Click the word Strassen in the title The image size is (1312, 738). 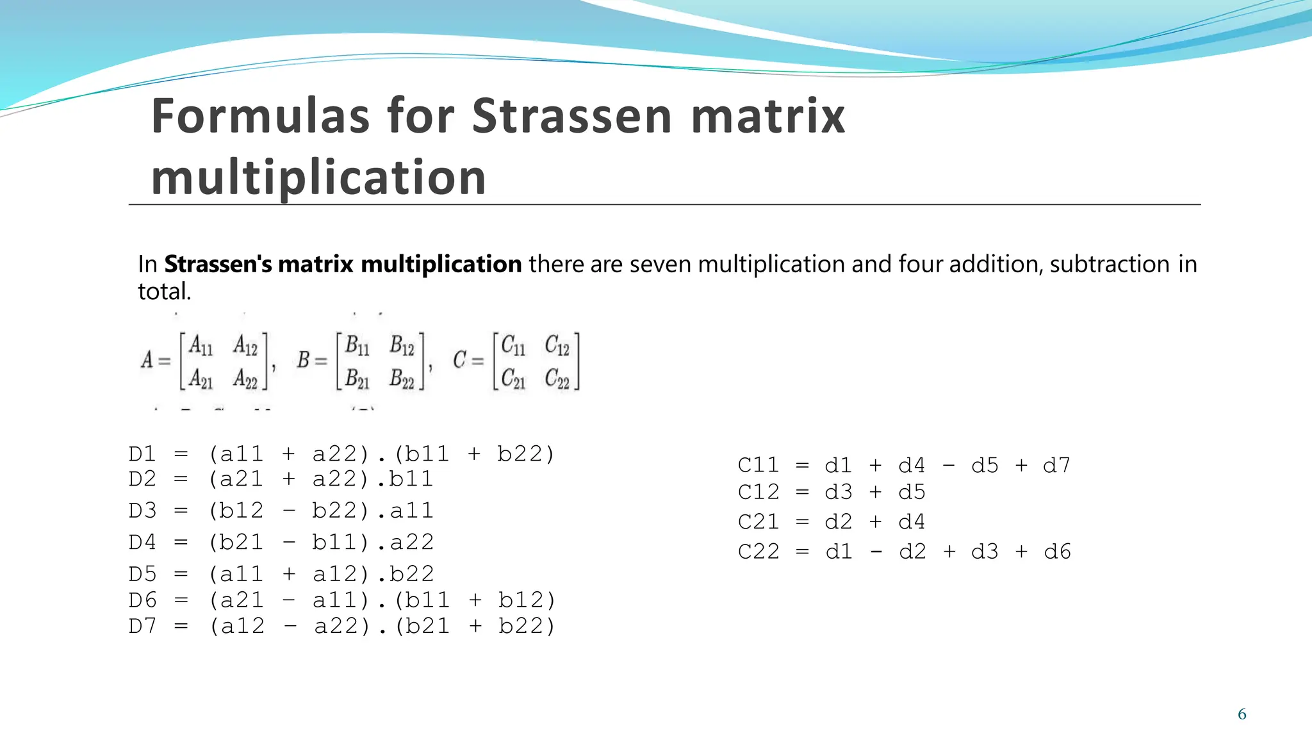pyautogui.click(x=572, y=117)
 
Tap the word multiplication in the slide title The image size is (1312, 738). pyautogui.click(x=318, y=177)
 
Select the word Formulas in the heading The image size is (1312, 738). pyautogui.click(x=260, y=117)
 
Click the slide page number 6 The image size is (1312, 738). pyautogui.click(x=1242, y=714)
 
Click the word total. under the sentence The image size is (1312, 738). pyautogui.click(x=164, y=292)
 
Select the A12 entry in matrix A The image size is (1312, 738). pyautogui.click(x=245, y=346)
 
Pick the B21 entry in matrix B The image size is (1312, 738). pyautogui.click(x=357, y=379)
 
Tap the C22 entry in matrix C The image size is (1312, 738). pyautogui.click(x=557, y=379)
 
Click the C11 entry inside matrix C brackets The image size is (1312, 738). pyautogui.click(x=512, y=346)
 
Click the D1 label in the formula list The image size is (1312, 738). pyautogui.click(x=142, y=454)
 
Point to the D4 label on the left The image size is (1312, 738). pyautogui.click(x=142, y=543)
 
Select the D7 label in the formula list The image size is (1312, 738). pyautogui.click(x=142, y=626)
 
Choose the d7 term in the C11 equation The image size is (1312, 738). pyautogui.click(x=1056, y=466)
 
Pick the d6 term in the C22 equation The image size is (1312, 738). pyautogui.click(x=1057, y=552)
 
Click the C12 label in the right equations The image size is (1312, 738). pyautogui.click(x=758, y=493)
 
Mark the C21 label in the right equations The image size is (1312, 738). pyautogui.click(x=758, y=522)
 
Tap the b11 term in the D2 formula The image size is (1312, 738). pyautogui.click(x=411, y=479)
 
